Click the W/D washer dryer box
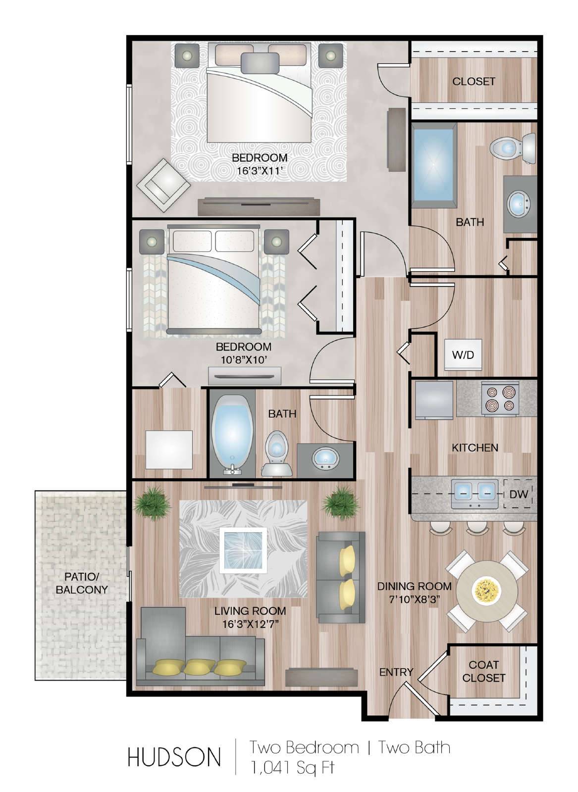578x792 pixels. click(x=463, y=354)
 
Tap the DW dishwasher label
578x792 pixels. click(x=519, y=495)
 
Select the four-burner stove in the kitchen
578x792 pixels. click(x=500, y=398)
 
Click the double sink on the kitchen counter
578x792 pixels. click(x=474, y=493)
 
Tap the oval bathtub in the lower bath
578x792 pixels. click(x=233, y=434)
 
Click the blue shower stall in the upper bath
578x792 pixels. click(x=434, y=166)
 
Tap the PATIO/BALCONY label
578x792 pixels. click(x=82, y=583)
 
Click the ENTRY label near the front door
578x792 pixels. click(x=396, y=672)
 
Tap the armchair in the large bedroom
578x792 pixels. click(x=163, y=185)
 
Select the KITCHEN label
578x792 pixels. click(x=474, y=447)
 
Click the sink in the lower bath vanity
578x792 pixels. click(x=325, y=458)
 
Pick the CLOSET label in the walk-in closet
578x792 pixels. click(x=473, y=81)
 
